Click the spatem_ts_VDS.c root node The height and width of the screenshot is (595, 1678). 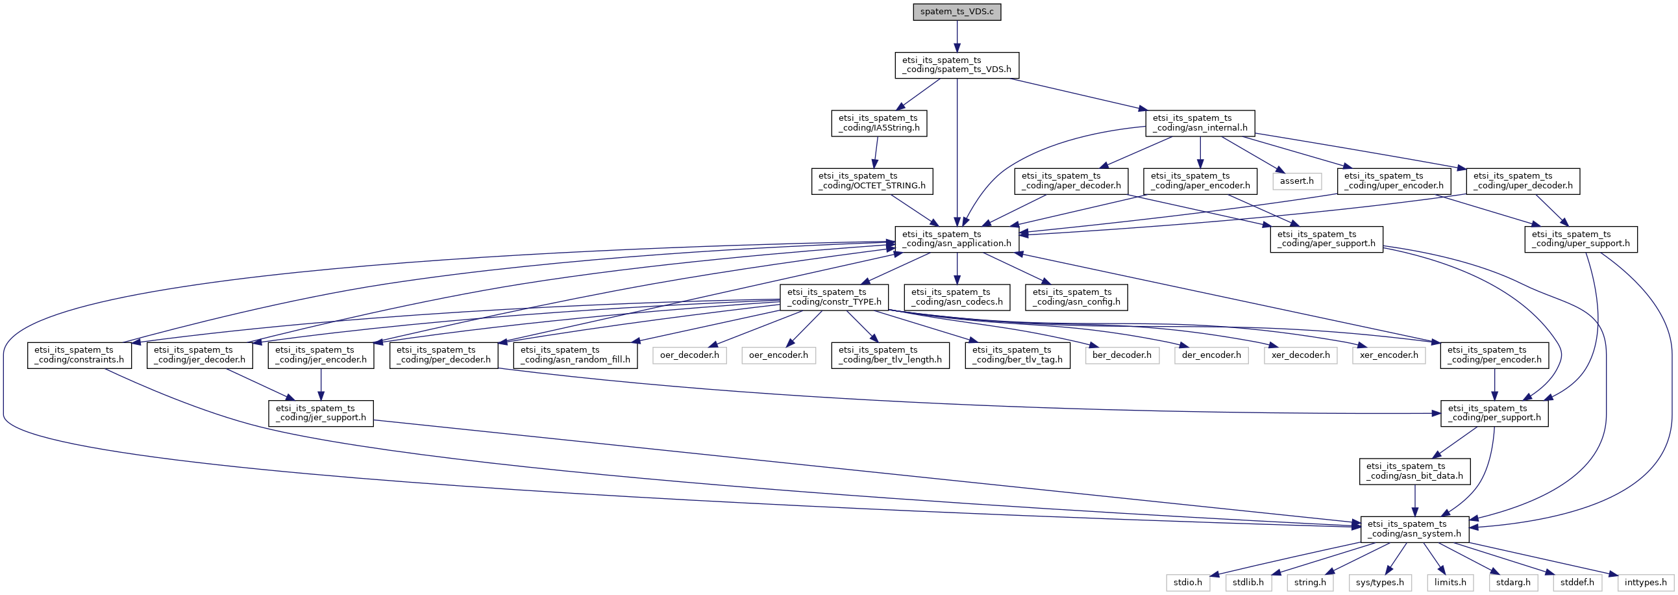[956, 12]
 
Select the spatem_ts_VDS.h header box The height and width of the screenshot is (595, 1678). [956, 65]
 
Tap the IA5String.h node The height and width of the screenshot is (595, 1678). [879, 123]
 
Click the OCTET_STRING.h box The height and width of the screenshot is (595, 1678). [872, 181]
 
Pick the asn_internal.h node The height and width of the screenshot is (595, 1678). [1200, 123]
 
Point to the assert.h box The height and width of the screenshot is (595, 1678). [1296, 181]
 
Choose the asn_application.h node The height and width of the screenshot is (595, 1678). [956, 239]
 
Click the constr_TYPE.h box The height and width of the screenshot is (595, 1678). [833, 297]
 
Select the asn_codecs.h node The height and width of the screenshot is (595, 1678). [956, 297]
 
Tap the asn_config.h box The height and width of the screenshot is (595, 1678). [1076, 297]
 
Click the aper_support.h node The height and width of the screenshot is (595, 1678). [1326, 239]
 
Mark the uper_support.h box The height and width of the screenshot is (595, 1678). [1580, 239]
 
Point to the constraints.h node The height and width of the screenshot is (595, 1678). [79, 355]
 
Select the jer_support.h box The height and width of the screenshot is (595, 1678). [321, 413]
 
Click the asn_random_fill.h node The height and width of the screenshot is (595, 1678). [575, 355]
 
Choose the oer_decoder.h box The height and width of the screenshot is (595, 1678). [689, 355]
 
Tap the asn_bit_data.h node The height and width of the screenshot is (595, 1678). [1414, 471]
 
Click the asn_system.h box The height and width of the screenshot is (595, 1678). [1414, 529]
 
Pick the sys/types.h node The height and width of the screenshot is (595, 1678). [1380, 582]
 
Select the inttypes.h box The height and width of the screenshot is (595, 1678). [1646, 582]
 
